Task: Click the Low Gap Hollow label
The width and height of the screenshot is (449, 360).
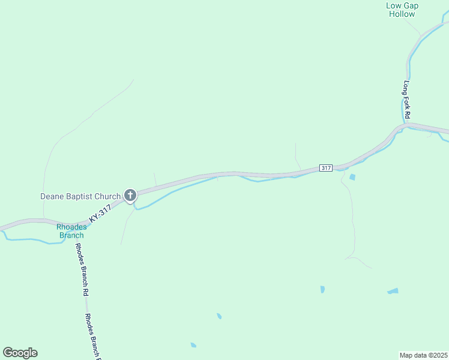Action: (x=402, y=10)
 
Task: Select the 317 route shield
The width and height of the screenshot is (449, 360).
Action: (x=325, y=168)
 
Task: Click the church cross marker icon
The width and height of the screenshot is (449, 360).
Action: (x=130, y=194)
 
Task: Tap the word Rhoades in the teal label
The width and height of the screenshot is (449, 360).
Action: (x=71, y=227)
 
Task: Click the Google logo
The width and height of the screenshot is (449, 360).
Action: (x=20, y=353)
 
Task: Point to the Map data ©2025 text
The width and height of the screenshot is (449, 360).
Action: (x=424, y=355)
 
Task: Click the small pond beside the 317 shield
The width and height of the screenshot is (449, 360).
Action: (x=352, y=177)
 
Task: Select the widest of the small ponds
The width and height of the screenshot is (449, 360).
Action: (x=393, y=292)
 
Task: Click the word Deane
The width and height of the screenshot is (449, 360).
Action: (x=52, y=196)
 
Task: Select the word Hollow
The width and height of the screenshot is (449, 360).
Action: (x=402, y=14)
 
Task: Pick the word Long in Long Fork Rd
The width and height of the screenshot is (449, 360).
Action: (x=406, y=87)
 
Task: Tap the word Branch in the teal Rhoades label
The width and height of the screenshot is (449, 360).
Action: (x=71, y=235)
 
